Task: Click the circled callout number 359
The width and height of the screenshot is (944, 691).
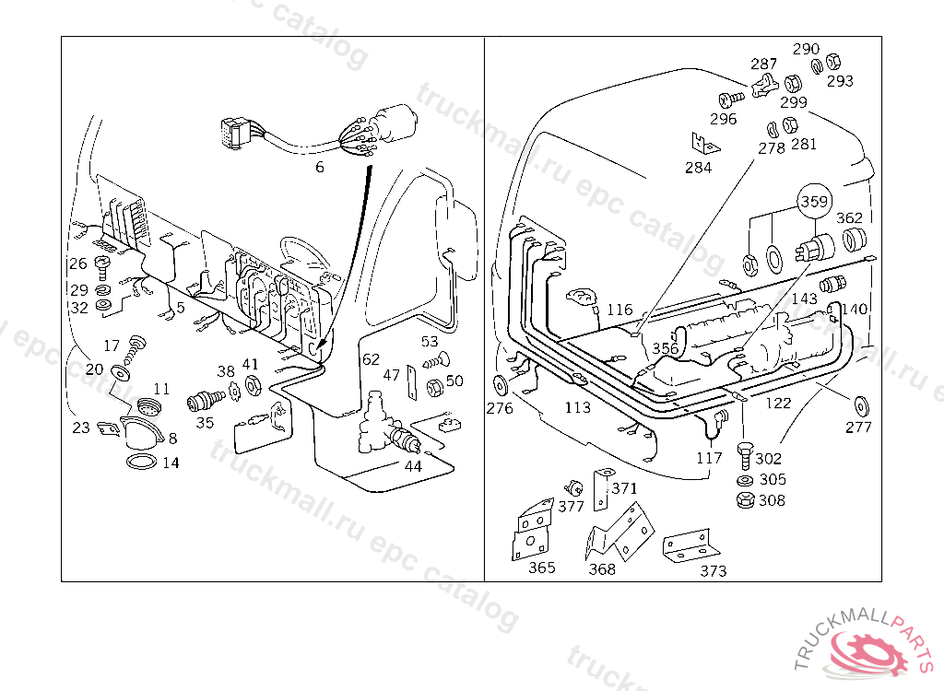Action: (814, 200)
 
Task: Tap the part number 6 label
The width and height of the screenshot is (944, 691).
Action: (320, 167)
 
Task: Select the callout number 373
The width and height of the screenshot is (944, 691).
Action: (713, 571)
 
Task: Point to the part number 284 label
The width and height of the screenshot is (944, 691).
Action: (698, 168)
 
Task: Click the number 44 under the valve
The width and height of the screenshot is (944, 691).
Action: (413, 466)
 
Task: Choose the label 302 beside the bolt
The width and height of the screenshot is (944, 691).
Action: (768, 458)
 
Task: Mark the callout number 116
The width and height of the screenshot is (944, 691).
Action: (619, 310)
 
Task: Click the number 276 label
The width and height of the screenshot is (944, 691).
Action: (500, 408)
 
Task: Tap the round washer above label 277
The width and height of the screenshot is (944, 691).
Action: (862, 403)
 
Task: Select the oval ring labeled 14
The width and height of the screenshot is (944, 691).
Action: (139, 461)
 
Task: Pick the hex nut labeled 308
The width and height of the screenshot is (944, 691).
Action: (743, 500)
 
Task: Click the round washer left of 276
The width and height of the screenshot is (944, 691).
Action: (501, 383)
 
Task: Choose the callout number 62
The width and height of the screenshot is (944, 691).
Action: (371, 359)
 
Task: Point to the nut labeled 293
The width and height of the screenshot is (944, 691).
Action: (830, 62)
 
